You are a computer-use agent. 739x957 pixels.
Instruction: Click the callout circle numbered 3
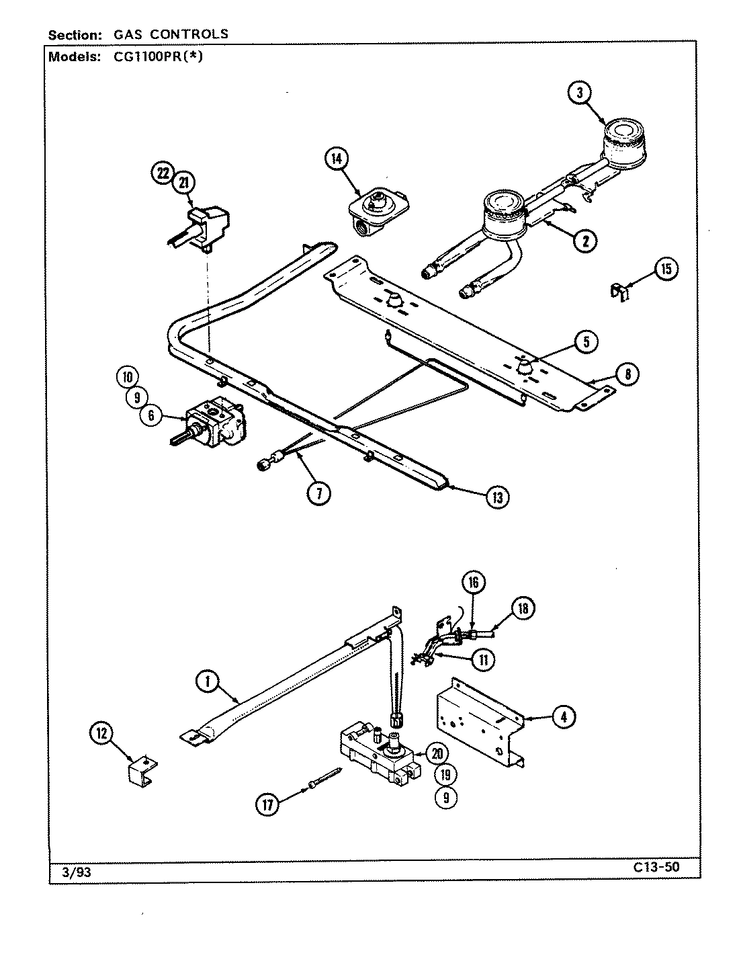tap(580, 93)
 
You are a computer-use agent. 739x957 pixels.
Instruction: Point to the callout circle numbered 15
tap(665, 269)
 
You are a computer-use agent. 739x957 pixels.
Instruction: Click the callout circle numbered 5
tap(586, 341)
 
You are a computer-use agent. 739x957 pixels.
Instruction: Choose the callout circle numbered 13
tap(497, 497)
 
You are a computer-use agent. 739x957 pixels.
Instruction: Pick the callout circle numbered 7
tap(319, 494)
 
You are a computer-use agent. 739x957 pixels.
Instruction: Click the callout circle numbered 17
tap(267, 804)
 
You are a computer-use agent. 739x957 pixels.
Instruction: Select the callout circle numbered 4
tap(563, 718)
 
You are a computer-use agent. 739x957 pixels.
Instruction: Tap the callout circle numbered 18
tap(523, 608)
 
